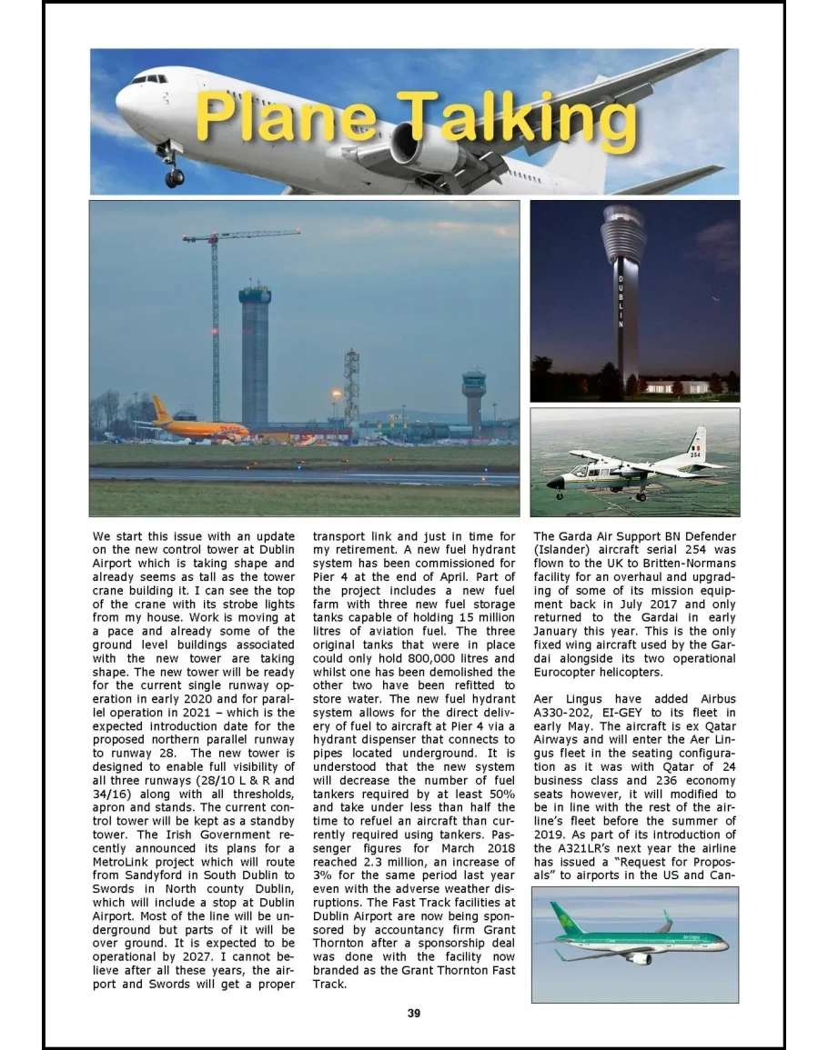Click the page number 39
click(414, 1013)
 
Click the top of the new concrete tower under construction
click(255, 293)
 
